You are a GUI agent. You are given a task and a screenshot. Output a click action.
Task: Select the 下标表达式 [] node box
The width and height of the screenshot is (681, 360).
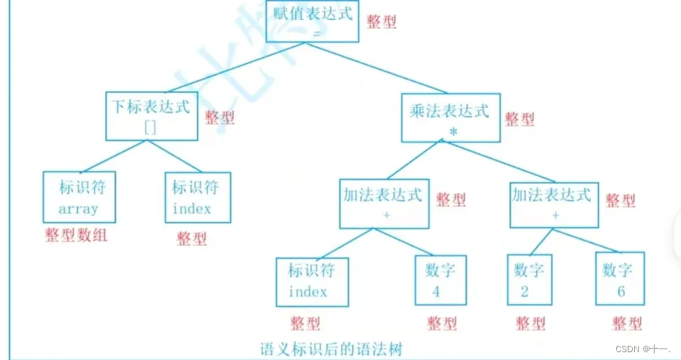click(x=151, y=116)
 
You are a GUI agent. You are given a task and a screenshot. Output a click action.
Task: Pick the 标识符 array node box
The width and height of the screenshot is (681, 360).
click(x=79, y=197)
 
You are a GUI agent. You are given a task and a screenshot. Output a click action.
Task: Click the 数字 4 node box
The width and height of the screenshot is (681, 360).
click(x=440, y=280)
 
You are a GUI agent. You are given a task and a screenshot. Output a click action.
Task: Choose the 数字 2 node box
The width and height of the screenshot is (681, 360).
click(x=529, y=280)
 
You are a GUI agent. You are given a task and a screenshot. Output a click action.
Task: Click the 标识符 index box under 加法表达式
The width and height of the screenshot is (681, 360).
click(x=312, y=281)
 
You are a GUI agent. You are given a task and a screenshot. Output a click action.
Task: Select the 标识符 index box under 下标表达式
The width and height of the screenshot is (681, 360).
click(x=197, y=197)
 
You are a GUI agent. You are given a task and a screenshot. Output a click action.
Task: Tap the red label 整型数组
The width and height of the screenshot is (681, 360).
click(x=76, y=235)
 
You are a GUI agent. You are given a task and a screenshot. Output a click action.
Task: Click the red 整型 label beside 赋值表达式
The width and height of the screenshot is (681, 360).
click(x=381, y=21)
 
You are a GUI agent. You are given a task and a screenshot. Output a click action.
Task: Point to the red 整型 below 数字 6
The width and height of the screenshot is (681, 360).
click(x=627, y=324)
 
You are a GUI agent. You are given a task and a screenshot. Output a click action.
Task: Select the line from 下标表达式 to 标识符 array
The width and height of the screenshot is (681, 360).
click(x=113, y=156)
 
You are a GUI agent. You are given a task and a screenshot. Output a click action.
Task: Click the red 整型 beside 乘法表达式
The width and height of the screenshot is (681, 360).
click(x=519, y=119)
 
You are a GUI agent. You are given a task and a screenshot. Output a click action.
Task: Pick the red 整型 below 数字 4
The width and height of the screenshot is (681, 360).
click(x=442, y=324)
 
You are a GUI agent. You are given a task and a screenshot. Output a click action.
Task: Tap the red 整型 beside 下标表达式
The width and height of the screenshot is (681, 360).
click(x=219, y=118)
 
